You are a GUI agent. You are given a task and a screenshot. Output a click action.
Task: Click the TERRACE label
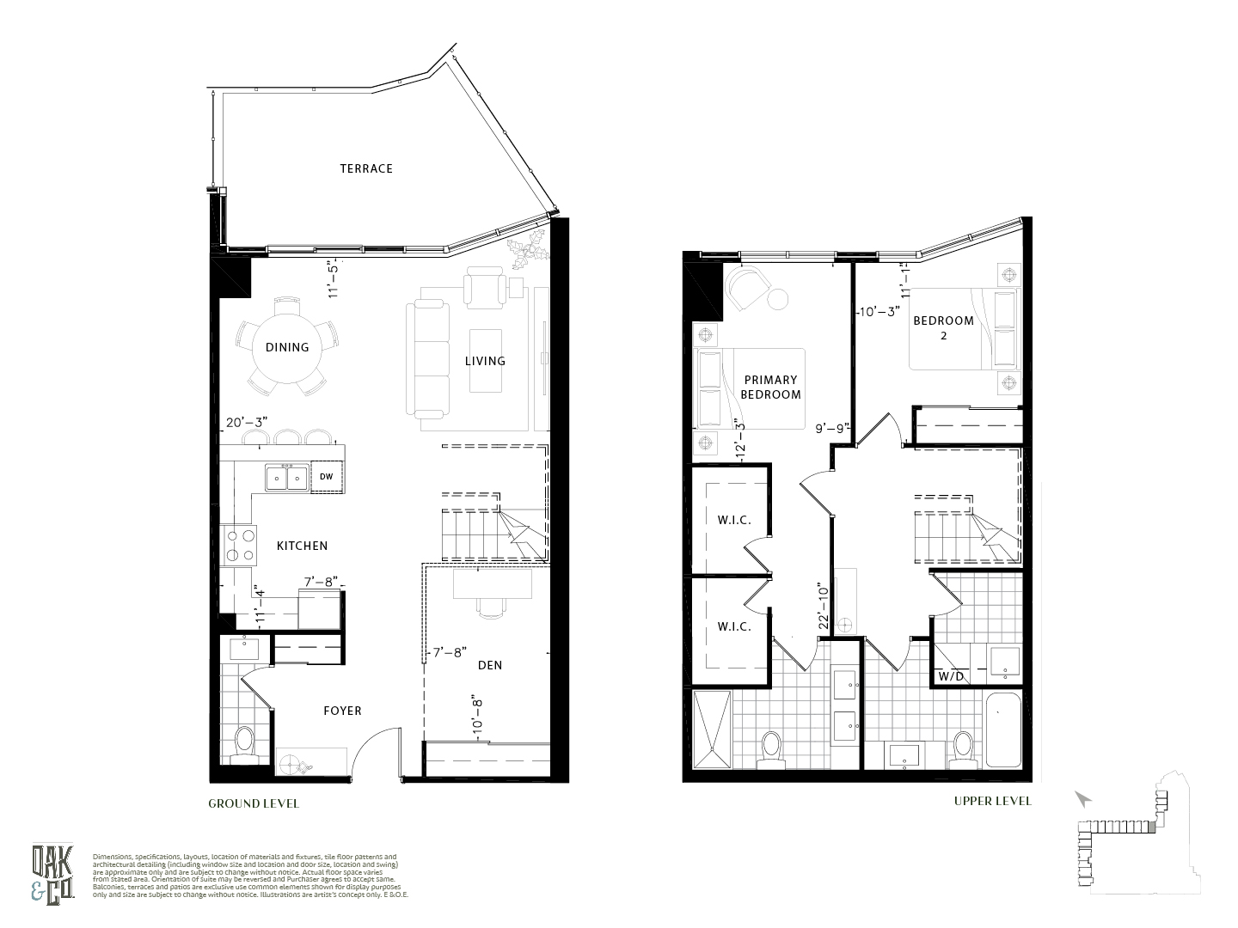[x=365, y=168]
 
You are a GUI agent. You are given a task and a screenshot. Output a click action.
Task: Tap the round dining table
[x=286, y=347]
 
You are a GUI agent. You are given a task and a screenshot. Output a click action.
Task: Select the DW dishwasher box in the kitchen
[x=327, y=477]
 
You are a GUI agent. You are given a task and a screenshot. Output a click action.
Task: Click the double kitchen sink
[x=287, y=477]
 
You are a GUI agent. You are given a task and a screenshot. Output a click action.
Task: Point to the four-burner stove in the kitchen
[x=240, y=545]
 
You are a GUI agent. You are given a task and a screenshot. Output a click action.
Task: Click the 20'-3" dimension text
[x=247, y=423]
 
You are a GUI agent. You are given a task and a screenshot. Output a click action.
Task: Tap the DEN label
[x=490, y=665]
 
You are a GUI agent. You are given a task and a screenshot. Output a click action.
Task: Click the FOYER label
[x=342, y=711]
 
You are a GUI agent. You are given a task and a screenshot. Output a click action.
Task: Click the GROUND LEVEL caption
[x=254, y=804]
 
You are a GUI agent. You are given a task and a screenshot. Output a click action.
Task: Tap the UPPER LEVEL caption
[x=992, y=801]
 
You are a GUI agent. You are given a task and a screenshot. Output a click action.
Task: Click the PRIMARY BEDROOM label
[x=770, y=387]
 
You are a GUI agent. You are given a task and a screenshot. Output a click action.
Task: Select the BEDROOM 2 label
[x=943, y=327]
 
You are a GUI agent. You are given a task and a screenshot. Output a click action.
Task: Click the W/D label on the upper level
[x=951, y=676]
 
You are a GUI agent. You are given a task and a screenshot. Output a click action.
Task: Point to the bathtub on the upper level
[x=1002, y=730]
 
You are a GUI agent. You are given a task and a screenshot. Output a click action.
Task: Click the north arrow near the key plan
[x=1083, y=799]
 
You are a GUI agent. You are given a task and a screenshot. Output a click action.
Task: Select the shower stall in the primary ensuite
[x=712, y=729]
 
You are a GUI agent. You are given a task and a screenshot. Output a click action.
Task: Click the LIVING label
[x=485, y=361]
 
